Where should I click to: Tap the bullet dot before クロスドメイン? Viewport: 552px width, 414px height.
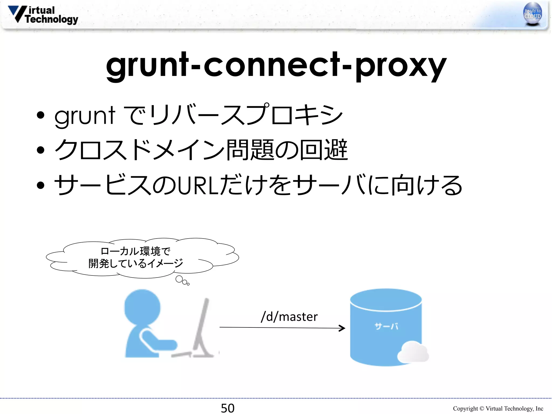41,150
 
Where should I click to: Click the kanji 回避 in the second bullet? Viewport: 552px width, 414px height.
323,150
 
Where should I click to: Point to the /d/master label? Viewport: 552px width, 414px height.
289,317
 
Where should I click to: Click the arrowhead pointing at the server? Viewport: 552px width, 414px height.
342,328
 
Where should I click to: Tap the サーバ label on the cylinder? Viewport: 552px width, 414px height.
386,327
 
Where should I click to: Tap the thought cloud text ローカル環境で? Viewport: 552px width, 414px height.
136,251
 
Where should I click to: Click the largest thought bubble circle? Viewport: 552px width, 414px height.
179,279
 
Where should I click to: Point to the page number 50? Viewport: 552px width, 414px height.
227,408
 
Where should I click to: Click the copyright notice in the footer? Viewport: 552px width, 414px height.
498,409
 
